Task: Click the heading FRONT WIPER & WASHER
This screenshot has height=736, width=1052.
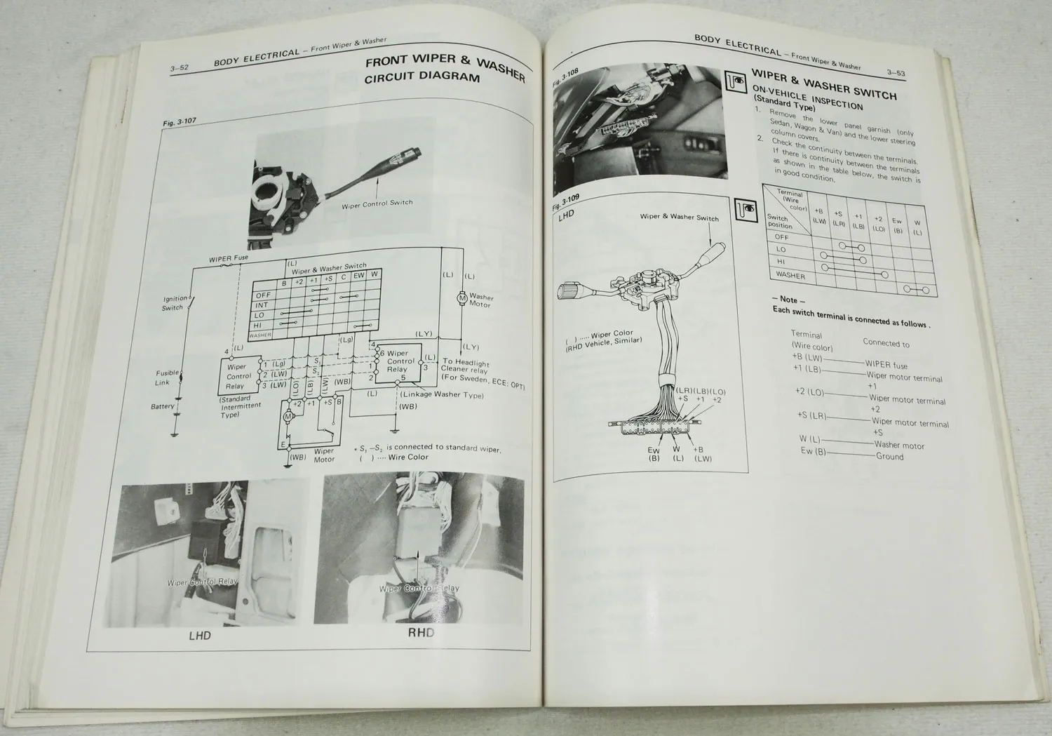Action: click(x=445, y=65)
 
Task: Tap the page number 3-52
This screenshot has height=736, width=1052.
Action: click(x=179, y=69)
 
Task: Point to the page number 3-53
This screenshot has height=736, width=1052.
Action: click(x=895, y=72)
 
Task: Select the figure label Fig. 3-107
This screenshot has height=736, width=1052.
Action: click(x=180, y=123)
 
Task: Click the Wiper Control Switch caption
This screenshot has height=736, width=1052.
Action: click(x=377, y=203)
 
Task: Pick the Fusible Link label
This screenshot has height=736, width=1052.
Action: click(x=167, y=377)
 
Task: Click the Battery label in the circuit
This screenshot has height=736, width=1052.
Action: click(x=163, y=406)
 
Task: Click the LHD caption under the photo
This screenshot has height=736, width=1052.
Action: click(x=200, y=636)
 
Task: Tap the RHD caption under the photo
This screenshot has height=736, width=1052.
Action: click(x=421, y=632)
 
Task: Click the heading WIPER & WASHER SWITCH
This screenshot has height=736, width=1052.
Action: click(x=823, y=83)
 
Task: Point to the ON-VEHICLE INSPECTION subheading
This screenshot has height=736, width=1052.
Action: click(x=807, y=98)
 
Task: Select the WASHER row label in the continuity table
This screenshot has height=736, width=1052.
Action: click(x=790, y=275)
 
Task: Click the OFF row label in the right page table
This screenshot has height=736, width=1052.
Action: click(x=781, y=237)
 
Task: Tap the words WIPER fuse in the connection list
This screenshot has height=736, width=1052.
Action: click(x=886, y=365)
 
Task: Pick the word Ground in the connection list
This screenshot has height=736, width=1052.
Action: click(x=889, y=456)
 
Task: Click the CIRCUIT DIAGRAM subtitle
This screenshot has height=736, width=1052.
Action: click(x=422, y=78)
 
